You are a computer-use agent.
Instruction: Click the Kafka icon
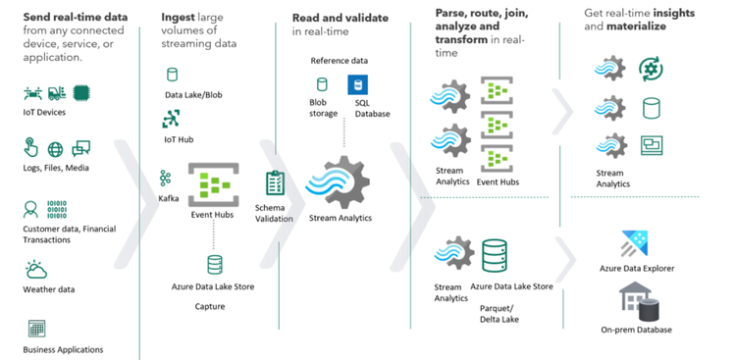pos(166,178)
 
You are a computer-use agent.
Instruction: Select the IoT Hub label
pos(178,139)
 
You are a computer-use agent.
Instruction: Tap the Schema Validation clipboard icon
pos(275,183)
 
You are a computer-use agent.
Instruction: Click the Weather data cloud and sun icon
pos(36,269)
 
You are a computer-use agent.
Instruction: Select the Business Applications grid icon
pos(36,328)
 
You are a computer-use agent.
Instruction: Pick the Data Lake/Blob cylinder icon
pos(173,75)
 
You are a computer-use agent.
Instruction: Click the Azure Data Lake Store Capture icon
pos(214,264)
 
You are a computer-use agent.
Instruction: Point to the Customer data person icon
pos(30,210)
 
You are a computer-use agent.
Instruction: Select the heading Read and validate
pos(340,18)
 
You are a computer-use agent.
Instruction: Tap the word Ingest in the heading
pos(180,18)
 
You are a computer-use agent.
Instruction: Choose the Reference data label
pos(339,61)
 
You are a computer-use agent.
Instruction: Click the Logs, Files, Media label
pos(55,168)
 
